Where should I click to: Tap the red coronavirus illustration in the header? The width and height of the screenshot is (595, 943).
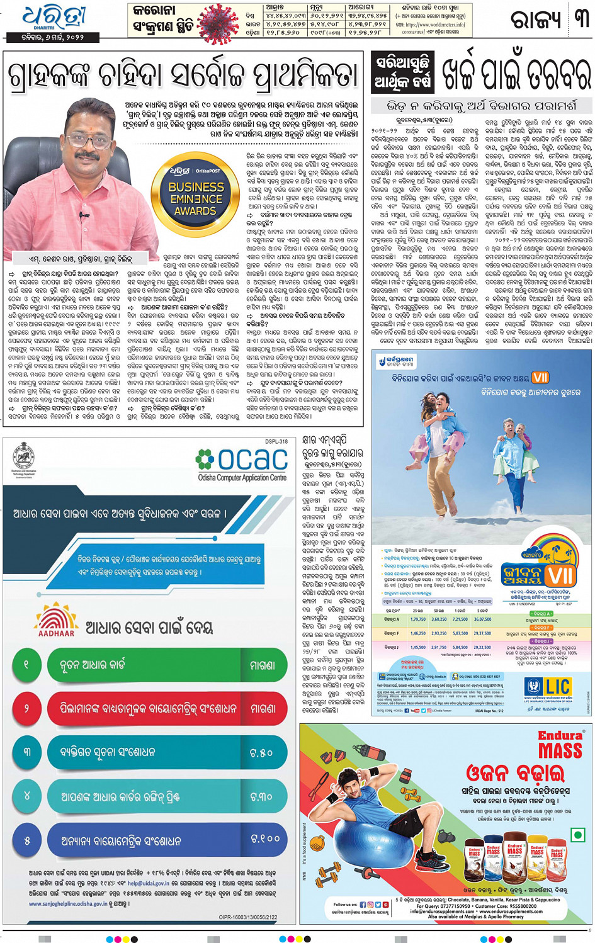pos(218,23)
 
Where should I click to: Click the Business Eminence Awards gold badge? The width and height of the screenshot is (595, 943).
pos(196,193)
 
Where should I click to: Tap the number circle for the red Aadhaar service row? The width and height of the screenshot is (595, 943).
pos(26,708)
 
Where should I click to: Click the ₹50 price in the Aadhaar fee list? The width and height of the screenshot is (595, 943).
pos(261,752)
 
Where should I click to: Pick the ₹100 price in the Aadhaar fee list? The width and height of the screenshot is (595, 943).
pos(264,839)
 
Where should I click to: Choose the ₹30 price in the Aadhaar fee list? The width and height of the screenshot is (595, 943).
pos(261,796)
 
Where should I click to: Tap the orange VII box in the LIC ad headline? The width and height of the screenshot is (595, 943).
pos(540,377)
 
